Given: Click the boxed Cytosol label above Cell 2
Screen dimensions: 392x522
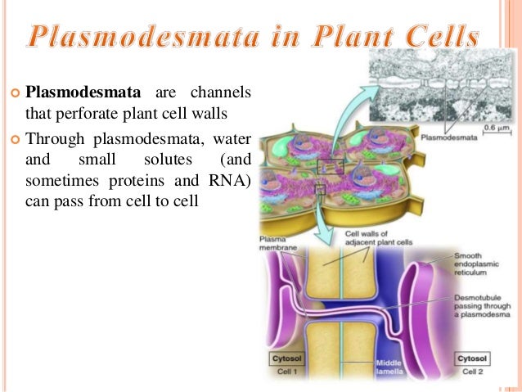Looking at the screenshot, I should pos(473,358).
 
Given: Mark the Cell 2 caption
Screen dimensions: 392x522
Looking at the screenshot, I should pos(473,372).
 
